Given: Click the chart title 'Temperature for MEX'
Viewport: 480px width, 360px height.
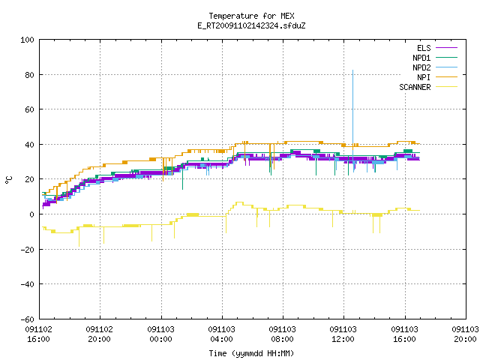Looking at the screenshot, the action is click(x=251, y=16).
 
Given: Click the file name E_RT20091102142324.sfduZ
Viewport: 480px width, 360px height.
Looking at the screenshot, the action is click(x=251, y=25).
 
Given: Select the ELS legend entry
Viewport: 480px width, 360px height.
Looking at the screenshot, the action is click(x=437, y=48).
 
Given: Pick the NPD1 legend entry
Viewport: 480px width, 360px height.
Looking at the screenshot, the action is click(x=435, y=58).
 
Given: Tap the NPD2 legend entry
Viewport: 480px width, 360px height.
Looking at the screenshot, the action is click(x=435, y=67).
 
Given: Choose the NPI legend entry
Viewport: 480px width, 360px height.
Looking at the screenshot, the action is click(x=437, y=77).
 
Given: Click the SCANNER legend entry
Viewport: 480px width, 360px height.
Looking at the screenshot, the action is click(x=428, y=87).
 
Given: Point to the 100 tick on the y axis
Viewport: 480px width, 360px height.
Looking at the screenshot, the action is click(x=27, y=40).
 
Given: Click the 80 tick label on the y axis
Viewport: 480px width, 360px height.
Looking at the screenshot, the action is click(x=29, y=75).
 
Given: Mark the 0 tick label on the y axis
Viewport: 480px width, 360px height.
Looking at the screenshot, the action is click(x=31, y=214).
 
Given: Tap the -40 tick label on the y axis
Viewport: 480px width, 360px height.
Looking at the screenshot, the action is click(x=27, y=284).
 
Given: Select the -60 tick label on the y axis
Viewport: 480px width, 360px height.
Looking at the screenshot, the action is click(x=27, y=319).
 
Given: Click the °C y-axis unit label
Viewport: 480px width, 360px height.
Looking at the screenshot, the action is click(x=8, y=180).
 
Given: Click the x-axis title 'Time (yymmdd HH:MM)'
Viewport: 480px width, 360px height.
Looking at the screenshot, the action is click(x=251, y=353).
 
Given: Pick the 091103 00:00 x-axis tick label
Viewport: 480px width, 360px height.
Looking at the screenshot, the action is click(x=160, y=334).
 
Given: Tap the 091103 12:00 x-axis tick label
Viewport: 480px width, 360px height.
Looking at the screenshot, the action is click(x=343, y=334).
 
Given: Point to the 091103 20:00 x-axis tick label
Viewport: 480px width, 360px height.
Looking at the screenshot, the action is click(x=465, y=334).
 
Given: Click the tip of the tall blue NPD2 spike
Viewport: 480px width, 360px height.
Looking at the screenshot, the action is click(x=353, y=70).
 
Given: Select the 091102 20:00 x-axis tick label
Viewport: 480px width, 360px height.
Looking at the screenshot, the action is click(x=99, y=334).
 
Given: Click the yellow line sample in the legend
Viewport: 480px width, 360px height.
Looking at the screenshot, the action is click(x=447, y=87).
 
